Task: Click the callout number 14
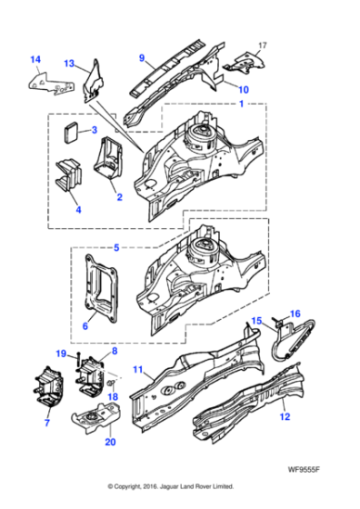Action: tap(35, 61)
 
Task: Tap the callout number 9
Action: tap(143, 58)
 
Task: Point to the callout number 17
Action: tap(264, 45)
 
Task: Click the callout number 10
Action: tap(243, 89)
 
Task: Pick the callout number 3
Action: tap(94, 131)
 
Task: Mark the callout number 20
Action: tap(110, 443)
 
